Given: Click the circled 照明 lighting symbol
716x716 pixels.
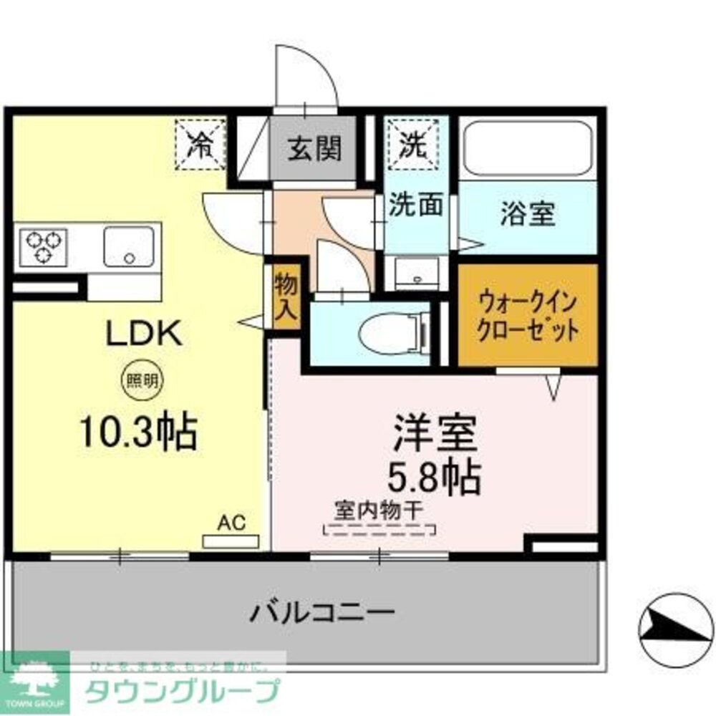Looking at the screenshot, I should click(139, 381).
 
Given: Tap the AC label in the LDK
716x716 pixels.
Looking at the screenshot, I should click(231, 523).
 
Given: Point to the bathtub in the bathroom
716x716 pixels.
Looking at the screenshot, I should click(527, 147).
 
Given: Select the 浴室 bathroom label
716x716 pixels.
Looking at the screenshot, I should click(528, 216).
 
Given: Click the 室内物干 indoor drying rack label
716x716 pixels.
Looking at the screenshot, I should click(379, 511).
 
